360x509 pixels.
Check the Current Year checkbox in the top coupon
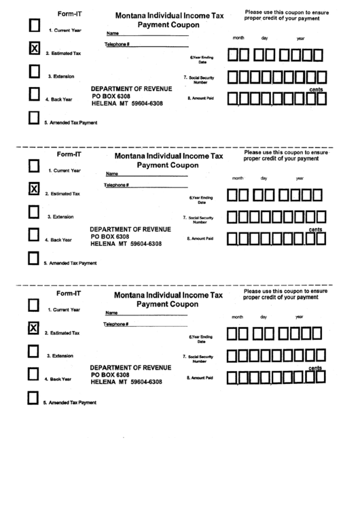pos(33,26)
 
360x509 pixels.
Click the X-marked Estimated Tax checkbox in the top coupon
pos(33,48)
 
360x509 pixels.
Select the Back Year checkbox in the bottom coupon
pos(32,374)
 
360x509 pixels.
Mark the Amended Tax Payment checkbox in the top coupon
pos(33,118)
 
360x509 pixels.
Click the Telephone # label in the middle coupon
pos(117,185)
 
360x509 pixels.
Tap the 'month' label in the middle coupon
pos(238,178)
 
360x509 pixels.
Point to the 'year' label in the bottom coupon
pos(300,317)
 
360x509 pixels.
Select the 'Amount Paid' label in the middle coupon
pos(200,239)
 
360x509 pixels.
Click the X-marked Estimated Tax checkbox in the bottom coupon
pos(32,329)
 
